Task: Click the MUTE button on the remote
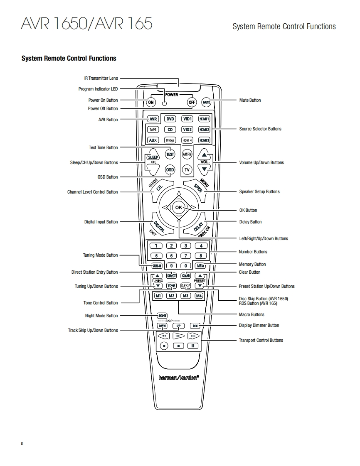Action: coord(207,102)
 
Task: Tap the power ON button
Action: coord(151,103)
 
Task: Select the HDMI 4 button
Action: coord(187,140)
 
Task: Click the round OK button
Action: coord(178,207)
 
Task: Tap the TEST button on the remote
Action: coord(170,154)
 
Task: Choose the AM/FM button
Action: coord(187,154)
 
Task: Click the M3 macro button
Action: coord(186,296)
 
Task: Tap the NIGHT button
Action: coord(162,316)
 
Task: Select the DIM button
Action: coord(195,326)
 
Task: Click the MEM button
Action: coord(200,266)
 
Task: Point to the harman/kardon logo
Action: coord(179,378)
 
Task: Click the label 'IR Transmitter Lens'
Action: coord(101,78)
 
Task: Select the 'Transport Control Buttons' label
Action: coord(261,340)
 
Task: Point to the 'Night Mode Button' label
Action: coord(101,316)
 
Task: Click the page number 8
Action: coord(22,444)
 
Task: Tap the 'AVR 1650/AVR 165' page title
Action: coord(86,23)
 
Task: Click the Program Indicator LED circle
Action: coord(164,104)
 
